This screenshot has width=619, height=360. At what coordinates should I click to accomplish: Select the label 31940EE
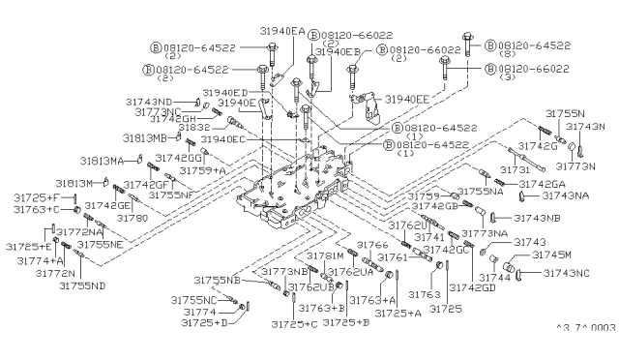click(408, 100)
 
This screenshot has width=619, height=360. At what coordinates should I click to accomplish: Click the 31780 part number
click(133, 219)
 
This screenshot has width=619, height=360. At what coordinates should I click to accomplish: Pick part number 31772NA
click(80, 232)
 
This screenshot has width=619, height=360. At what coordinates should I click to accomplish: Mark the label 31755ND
click(81, 285)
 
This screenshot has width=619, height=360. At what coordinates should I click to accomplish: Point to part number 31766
click(359, 246)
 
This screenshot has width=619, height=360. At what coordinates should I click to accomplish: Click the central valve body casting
click(290, 189)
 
